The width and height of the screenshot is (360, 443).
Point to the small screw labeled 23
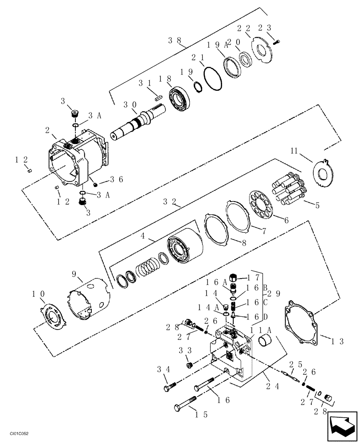(277, 42)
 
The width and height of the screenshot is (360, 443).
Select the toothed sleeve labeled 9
(88, 303)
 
